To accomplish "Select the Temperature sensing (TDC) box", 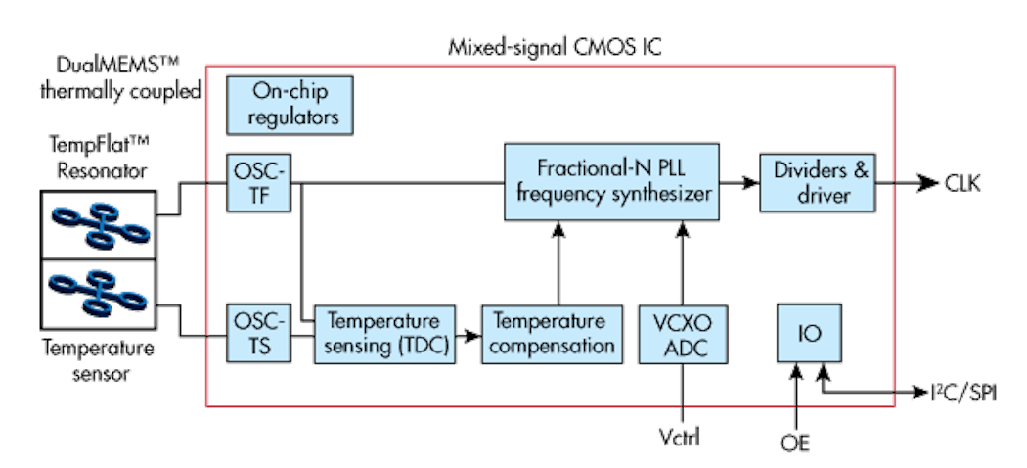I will click(x=384, y=334).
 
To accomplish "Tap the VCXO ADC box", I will click(x=680, y=334).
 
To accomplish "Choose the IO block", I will click(x=810, y=334).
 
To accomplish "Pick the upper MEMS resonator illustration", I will click(x=98, y=218).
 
